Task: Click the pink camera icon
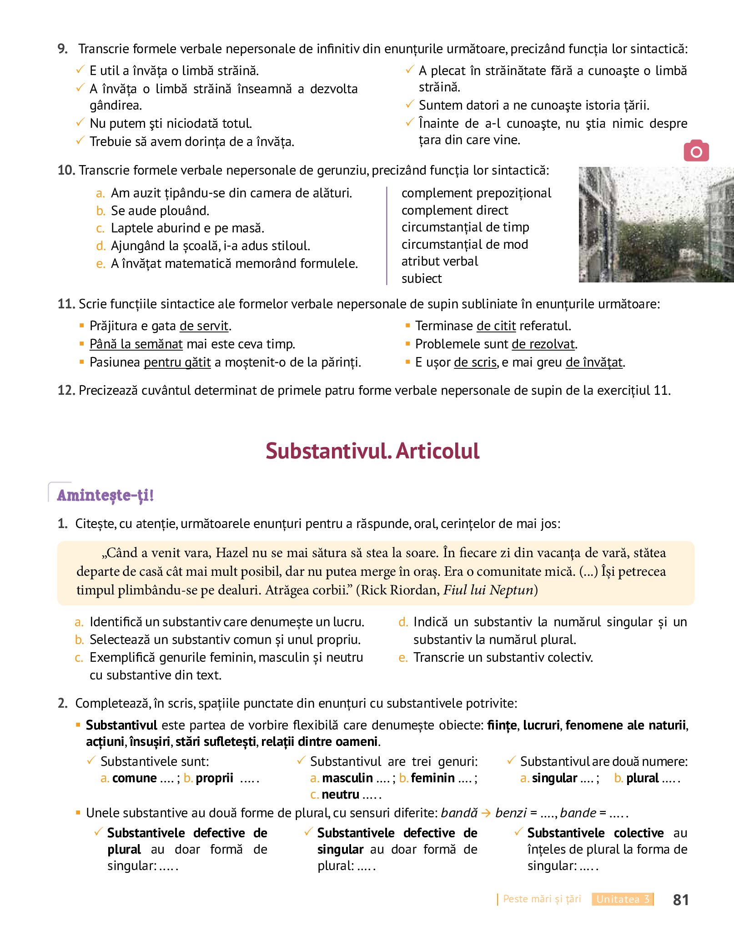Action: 696,151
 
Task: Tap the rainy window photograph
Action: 655,225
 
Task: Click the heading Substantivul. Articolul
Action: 372,451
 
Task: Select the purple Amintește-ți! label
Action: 106,495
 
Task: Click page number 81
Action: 680,900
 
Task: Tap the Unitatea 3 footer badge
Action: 622,899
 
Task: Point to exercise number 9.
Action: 63,49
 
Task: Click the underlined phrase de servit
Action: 204,326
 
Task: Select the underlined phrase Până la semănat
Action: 136,344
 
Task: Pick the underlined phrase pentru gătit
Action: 177,362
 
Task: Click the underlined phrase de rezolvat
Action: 543,344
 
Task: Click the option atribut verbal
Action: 439,261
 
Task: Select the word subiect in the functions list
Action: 421,278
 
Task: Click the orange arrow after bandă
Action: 486,813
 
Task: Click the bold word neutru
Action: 340,794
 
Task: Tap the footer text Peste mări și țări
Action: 542,899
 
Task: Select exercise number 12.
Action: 66,390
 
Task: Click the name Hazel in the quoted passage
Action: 231,553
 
